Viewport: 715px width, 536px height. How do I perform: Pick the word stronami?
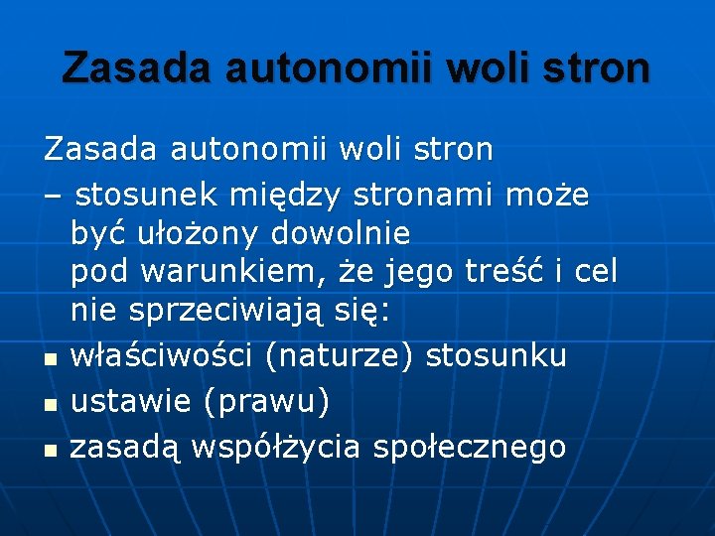(x=436, y=196)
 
